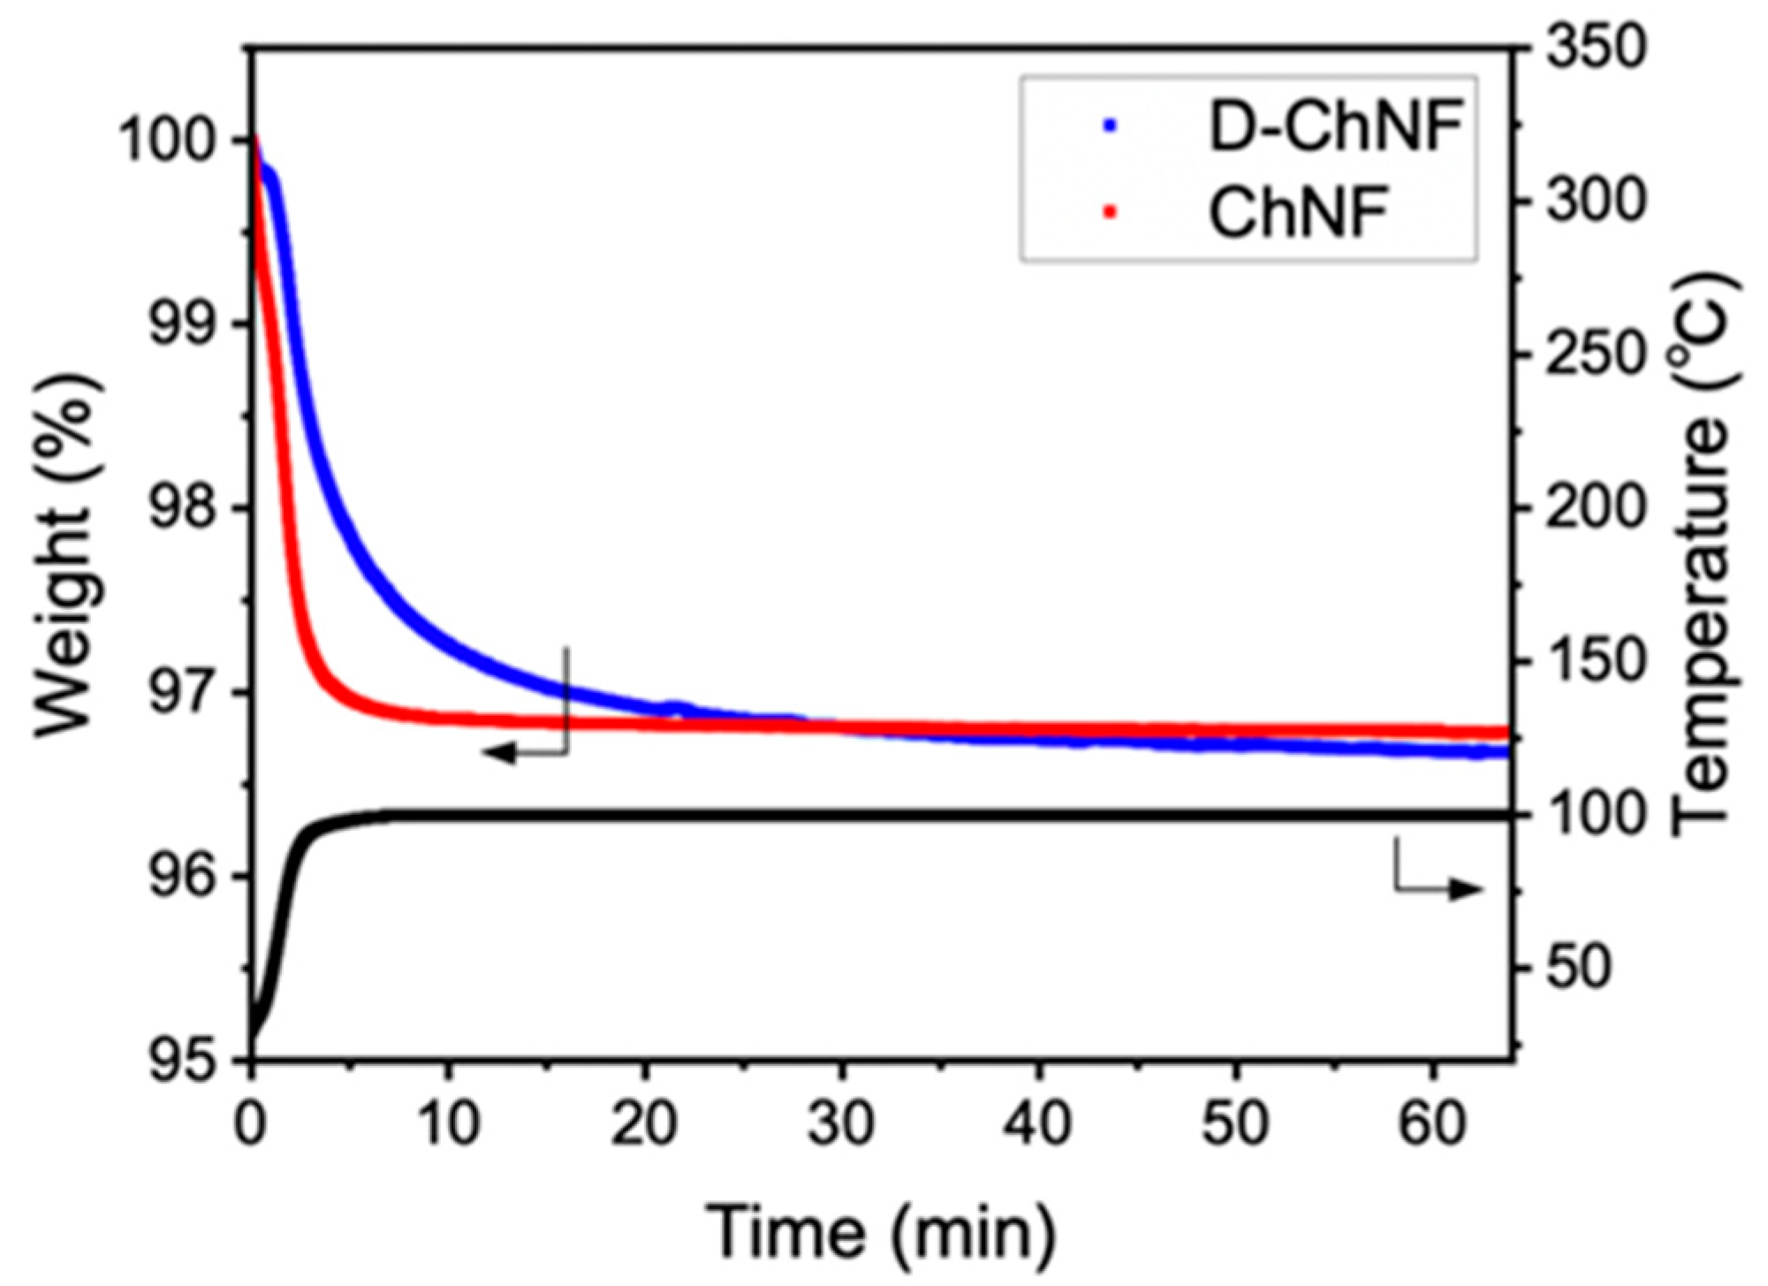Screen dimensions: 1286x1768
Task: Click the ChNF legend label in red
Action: [x=1298, y=212]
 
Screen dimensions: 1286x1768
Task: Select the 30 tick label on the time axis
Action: [x=842, y=1124]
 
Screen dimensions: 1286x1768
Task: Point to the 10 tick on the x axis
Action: [x=449, y=1124]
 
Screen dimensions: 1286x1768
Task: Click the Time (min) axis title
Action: [x=882, y=1231]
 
